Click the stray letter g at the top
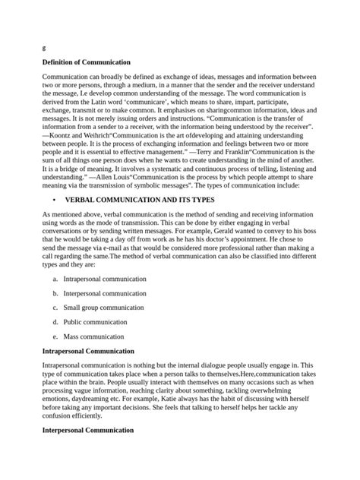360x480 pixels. (44, 46)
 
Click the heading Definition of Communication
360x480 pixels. (87, 62)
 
